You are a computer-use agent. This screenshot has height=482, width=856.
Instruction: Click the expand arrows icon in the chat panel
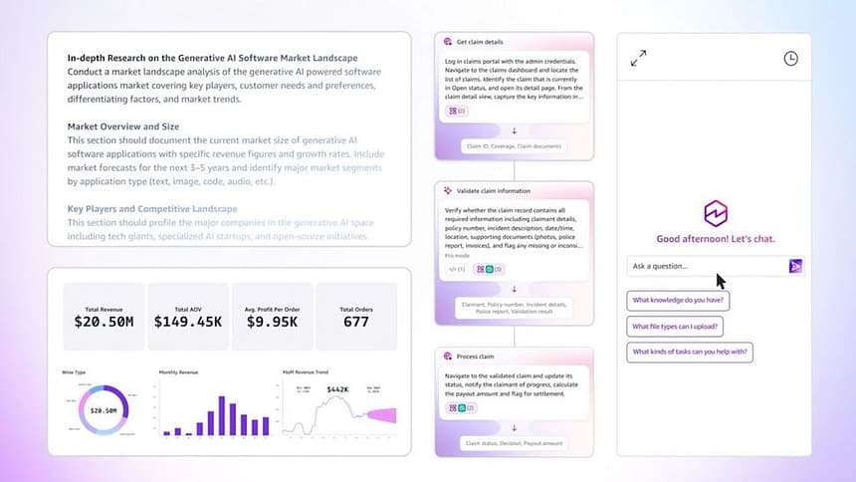click(639, 59)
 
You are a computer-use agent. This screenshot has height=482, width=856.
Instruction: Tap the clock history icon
click(790, 59)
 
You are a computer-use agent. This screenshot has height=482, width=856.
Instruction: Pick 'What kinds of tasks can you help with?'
click(690, 352)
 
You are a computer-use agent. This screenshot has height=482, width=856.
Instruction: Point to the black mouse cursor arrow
click(721, 281)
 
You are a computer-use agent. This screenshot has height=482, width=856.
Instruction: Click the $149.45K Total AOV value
click(188, 322)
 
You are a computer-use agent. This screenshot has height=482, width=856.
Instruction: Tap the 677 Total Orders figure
click(355, 322)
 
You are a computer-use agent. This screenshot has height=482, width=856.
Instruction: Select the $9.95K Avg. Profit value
click(272, 322)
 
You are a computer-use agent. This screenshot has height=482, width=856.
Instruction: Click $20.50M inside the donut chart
click(104, 409)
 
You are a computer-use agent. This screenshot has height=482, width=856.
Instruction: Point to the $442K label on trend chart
click(337, 389)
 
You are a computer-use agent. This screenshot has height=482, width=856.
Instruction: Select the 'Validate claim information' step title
click(495, 190)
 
